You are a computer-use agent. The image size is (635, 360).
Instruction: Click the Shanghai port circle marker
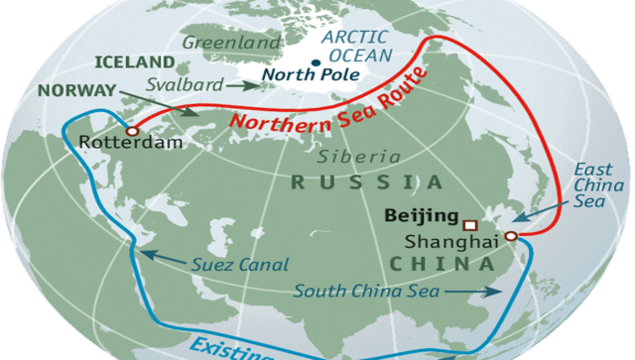[x=509, y=236]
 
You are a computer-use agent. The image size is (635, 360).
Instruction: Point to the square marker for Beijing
[x=470, y=222]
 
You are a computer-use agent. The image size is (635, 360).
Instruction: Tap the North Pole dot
[x=315, y=64]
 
